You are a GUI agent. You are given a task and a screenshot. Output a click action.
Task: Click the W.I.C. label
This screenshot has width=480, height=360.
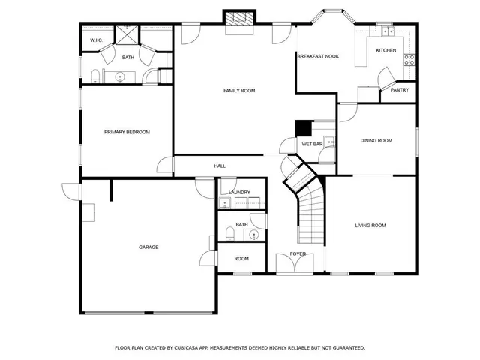(96, 40)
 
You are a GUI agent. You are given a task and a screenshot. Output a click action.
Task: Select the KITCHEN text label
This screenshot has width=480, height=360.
(385, 50)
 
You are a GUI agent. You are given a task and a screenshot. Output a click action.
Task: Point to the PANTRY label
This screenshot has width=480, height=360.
(399, 90)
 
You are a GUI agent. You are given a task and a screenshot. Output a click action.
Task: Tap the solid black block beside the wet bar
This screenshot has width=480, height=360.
(303, 128)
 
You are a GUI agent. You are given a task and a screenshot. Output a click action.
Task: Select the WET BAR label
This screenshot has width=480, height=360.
(312, 143)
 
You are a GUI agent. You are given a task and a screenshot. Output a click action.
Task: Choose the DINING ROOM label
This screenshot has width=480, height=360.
(376, 140)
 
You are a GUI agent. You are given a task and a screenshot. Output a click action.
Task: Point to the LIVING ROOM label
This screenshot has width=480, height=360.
(370, 225)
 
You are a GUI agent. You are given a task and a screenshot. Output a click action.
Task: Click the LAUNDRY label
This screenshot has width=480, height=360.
(239, 193)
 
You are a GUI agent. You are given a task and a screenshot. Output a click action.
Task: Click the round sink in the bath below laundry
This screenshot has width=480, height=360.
(254, 235)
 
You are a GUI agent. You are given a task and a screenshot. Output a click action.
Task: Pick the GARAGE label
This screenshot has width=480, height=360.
(148, 247)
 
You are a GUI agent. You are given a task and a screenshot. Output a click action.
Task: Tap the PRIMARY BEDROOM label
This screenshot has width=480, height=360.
(127, 132)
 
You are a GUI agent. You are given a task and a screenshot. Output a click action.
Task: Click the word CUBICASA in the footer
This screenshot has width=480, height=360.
(205, 348)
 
